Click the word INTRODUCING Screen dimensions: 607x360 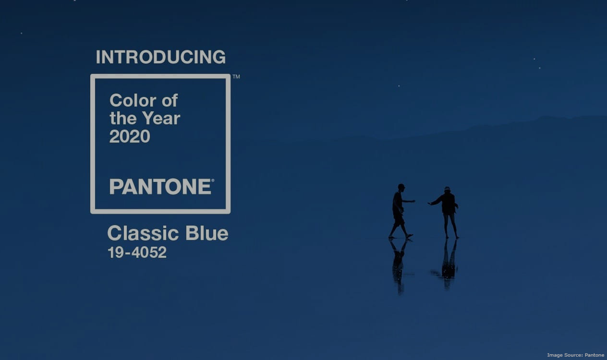point(161,57)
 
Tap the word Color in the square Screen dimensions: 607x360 point(133,100)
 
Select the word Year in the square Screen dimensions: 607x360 point(161,119)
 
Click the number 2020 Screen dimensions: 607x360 point(130,136)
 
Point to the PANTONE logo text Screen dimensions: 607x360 point(160,187)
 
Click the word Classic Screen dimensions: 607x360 point(143,233)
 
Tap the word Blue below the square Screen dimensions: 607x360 point(207,233)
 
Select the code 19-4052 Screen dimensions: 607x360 point(137,252)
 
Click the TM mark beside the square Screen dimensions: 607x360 point(236,77)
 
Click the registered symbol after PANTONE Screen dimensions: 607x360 point(213,180)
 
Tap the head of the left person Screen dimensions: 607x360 point(401,188)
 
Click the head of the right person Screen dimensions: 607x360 point(447,190)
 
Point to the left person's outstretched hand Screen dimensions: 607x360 point(413,201)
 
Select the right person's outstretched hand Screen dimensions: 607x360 point(430,204)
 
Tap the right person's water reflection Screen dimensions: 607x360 point(448,264)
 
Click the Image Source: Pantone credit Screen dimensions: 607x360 point(576,355)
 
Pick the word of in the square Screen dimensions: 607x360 point(170,100)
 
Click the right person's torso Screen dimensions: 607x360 point(448,203)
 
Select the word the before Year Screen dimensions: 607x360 point(123,119)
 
